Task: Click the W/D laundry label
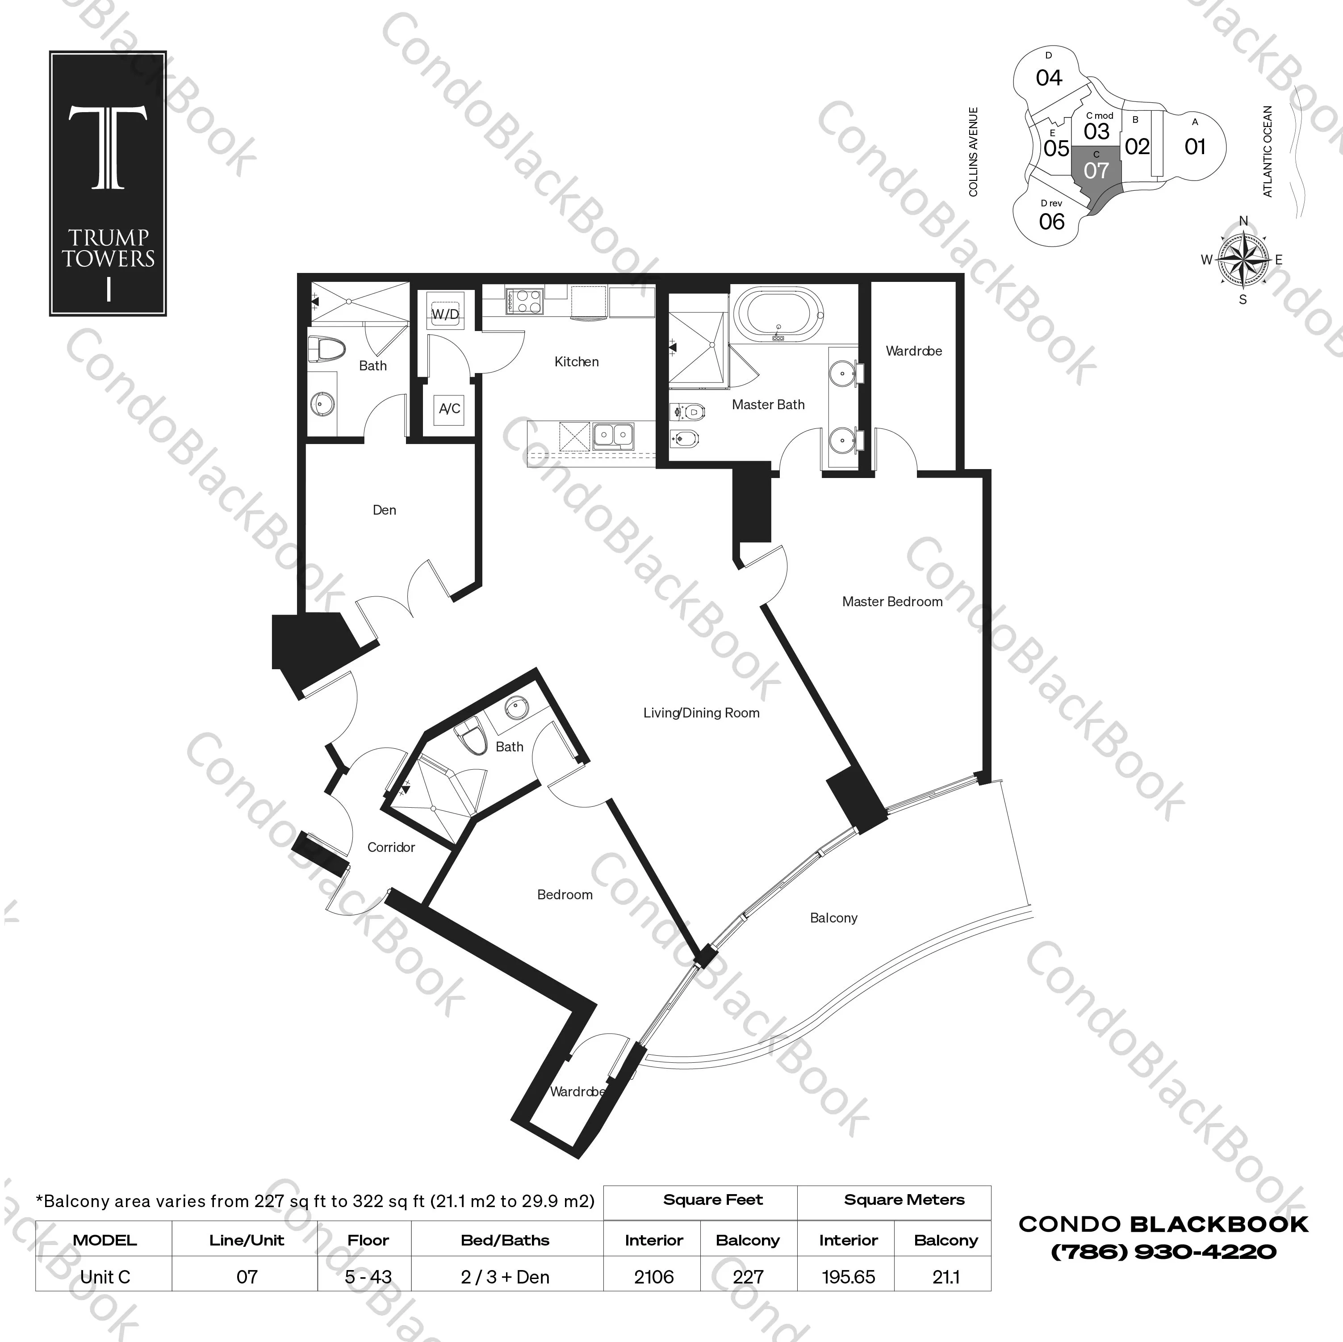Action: click(445, 315)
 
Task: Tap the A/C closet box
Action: click(449, 408)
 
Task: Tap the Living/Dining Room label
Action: click(701, 713)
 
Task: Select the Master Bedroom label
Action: click(892, 601)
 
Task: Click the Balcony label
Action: click(833, 918)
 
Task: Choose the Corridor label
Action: click(391, 847)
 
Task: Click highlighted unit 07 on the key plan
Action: click(1096, 170)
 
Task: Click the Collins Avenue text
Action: click(973, 151)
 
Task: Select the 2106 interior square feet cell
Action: click(653, 1277)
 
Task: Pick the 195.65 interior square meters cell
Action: click(848, 1277)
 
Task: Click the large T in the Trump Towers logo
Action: click(108, 147)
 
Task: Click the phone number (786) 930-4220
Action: click(1163, 1252)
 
